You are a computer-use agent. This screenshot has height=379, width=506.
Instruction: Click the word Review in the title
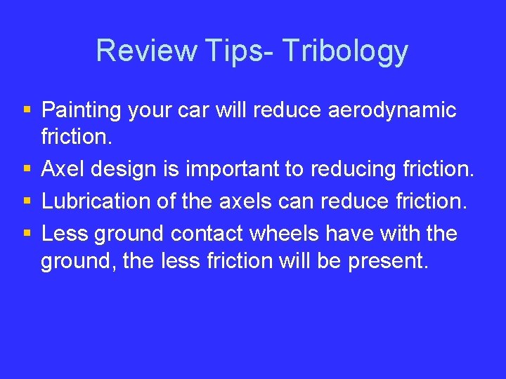tap(147, 51)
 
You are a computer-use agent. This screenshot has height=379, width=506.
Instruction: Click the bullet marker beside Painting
tap(27, 110)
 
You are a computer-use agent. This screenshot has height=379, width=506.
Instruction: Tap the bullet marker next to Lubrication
tap(27, 201)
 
